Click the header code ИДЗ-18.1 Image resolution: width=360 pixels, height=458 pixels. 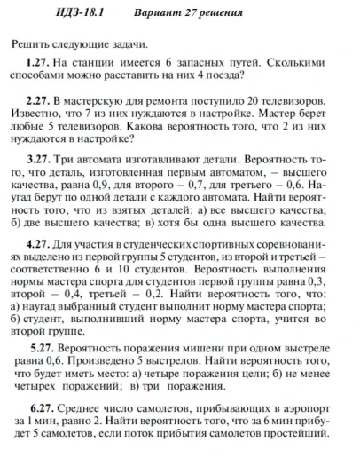[x=82, y=15]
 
